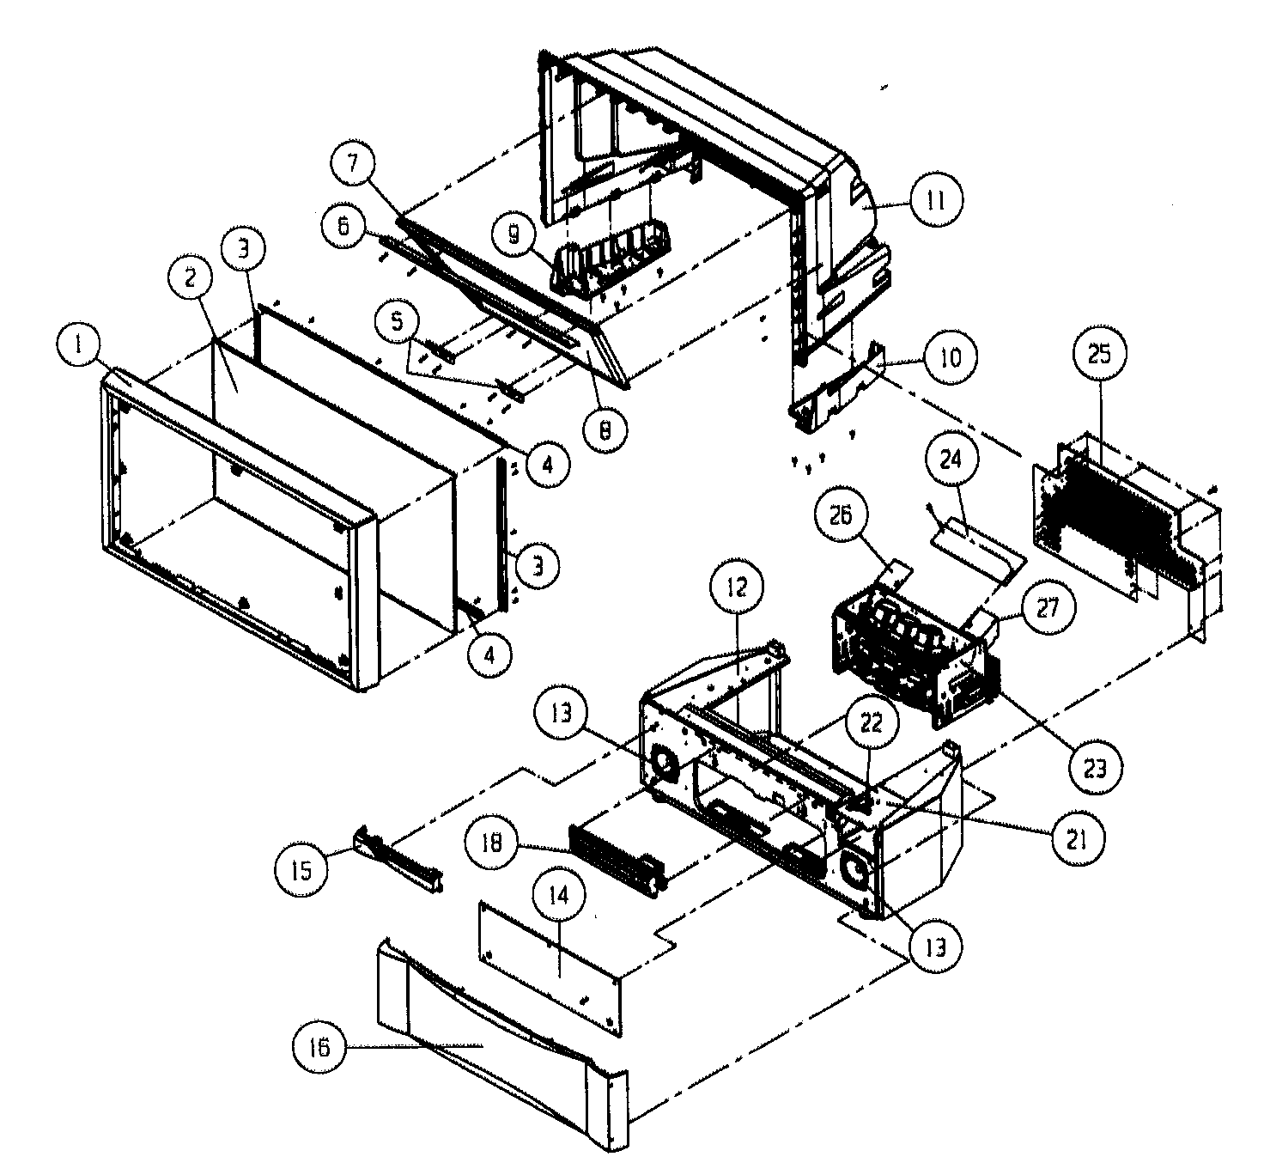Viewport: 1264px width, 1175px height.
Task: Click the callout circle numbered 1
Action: coord(79,347)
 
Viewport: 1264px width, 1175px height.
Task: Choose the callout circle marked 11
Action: coord(935,201)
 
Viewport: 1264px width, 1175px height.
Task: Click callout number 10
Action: coord(947,356)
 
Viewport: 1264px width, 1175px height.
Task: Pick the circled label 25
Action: coord(1099,354)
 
